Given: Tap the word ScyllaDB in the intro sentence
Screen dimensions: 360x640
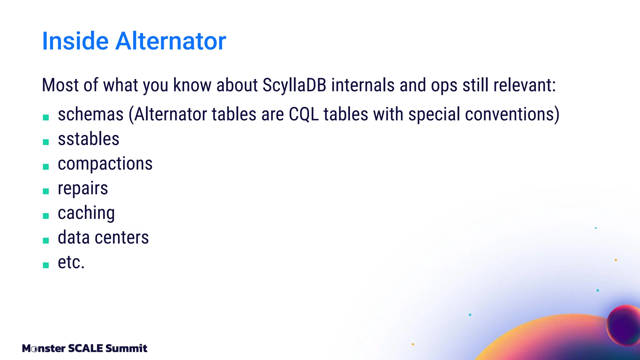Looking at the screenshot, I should coord(294,85).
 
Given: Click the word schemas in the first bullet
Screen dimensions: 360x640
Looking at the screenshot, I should coord(91,114).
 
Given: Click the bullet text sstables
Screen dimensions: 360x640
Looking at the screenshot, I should coord(88,139).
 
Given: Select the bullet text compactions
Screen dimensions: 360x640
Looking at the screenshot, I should coord(105,164).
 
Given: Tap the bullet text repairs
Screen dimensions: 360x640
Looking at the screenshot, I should coord(83,188).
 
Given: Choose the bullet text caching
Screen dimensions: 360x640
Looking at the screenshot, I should coord(86,213).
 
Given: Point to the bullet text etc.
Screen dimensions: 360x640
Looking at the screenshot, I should coord(71,262).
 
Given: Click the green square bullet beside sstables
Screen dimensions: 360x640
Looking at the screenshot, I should coord(46,142).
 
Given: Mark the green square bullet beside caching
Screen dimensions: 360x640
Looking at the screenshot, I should coord(46,216).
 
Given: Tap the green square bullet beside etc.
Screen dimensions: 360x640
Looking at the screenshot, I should coord(46,265).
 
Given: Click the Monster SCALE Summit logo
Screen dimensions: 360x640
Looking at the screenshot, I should coord(84,348).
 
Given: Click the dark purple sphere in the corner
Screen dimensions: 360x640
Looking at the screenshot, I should coord(624,325).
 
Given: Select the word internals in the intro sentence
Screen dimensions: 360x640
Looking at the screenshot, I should coord(363,85).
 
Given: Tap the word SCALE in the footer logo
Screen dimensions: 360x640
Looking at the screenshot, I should coord(85,348).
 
